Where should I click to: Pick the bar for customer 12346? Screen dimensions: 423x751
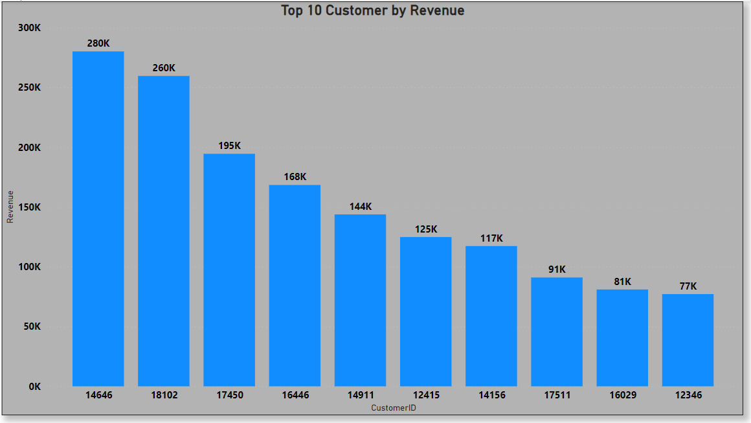[x=688, y=340]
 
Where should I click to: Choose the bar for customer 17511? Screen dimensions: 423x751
[x=557, y=332]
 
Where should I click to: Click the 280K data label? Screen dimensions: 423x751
[x=98, y=43]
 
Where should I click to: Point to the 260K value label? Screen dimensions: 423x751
[x=164, y=68]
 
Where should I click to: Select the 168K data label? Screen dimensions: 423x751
[x=295, y=177]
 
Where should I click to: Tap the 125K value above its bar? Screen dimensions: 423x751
[x=425, y=229]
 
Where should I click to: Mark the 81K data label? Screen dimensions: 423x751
[x=622, y=282]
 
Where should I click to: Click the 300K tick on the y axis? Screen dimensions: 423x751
[x=29, y=29]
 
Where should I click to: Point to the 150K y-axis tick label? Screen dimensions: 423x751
[x=29, y=208]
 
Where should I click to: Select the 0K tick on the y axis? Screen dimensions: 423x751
[x=34, y=387]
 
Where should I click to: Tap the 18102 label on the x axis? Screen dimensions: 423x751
[x=164, y=395]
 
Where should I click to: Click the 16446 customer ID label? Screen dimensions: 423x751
[x=295, y=395]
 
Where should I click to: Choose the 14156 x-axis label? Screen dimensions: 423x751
[x=491, y=395]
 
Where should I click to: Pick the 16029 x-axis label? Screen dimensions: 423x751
[x=622, y=395]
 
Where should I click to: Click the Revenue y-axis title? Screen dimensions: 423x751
[x=10, y=207]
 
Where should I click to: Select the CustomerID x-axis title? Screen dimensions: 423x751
[x=393, y=408]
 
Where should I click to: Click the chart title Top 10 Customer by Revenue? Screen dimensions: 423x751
[x=372, y=11]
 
